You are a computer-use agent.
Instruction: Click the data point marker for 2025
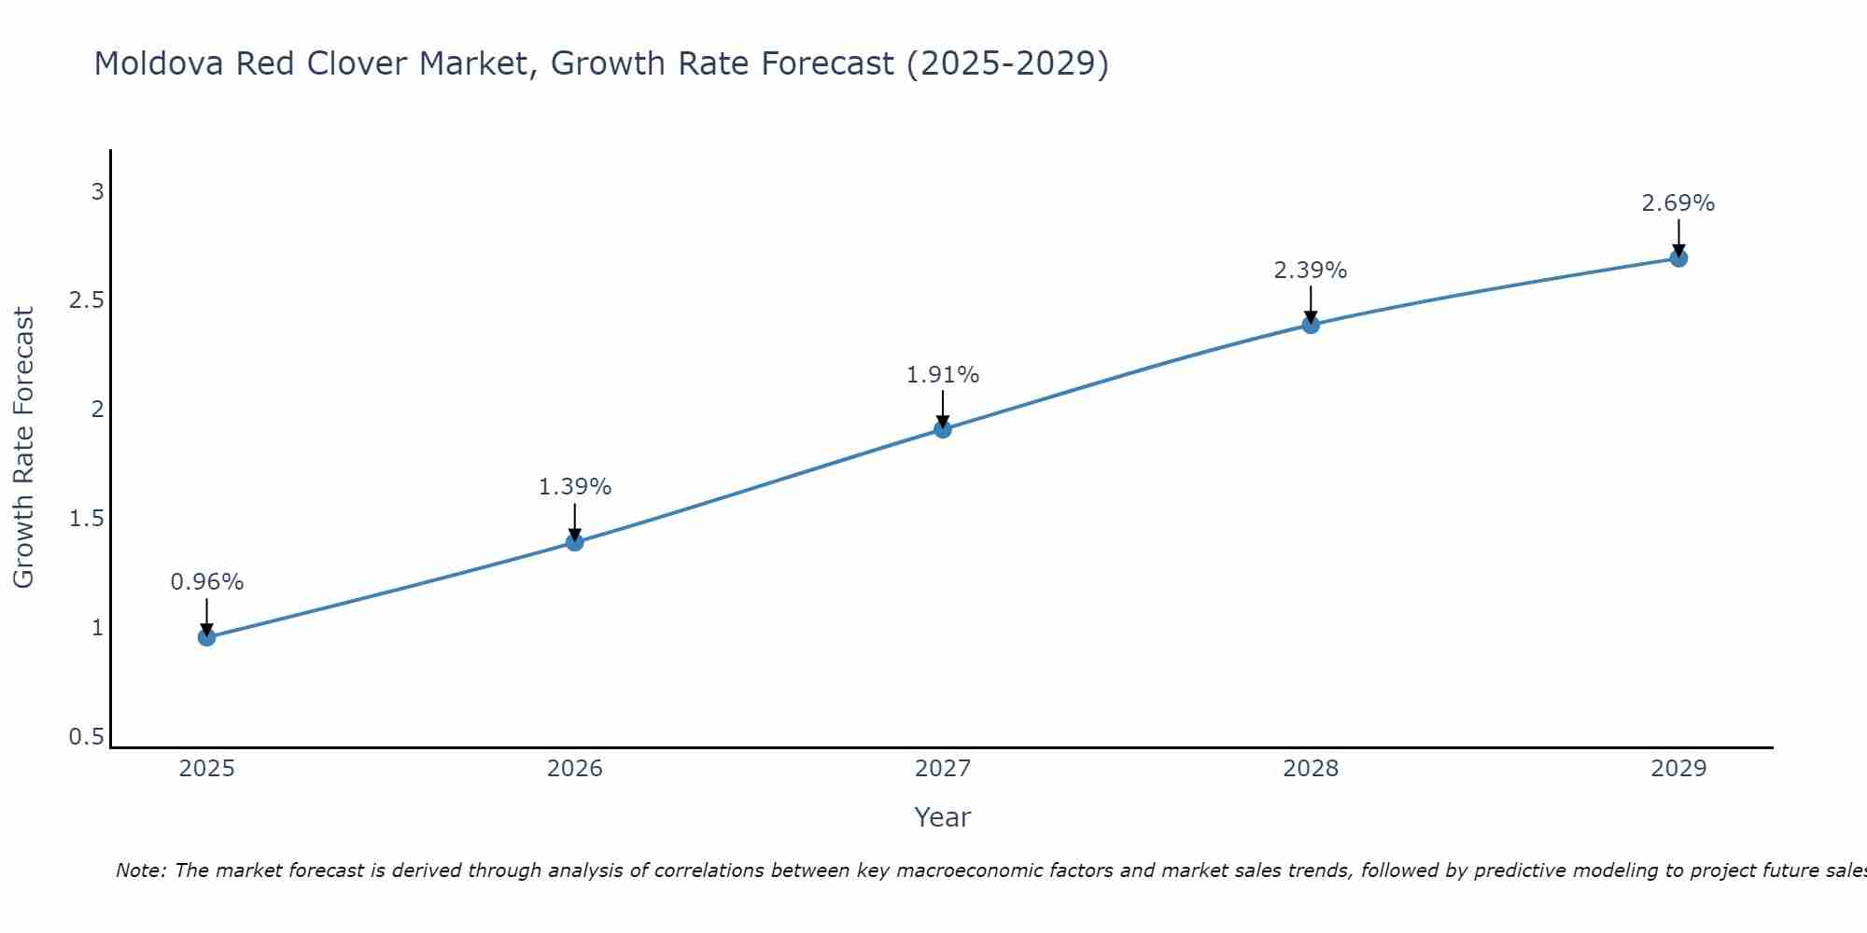206,637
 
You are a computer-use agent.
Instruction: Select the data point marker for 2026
575,542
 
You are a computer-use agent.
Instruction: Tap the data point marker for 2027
943,429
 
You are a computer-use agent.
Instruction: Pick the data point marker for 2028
1311,325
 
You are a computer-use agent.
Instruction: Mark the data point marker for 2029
1678,258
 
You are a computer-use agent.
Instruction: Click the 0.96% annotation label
206,582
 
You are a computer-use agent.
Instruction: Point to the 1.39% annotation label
575,487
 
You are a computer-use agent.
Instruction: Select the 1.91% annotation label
943,375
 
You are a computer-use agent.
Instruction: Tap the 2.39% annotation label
1311,271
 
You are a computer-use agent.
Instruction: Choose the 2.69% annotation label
1678,203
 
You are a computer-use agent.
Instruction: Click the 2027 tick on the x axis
943,769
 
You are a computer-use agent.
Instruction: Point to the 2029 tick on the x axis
1678,769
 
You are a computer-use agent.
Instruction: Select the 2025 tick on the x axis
206,769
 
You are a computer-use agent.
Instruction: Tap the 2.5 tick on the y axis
86,300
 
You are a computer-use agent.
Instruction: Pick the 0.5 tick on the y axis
86,737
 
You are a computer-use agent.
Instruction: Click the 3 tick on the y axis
97,192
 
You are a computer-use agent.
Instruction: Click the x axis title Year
943,817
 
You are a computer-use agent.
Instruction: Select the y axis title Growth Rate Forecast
23,448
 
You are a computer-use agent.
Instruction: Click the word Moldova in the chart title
159,63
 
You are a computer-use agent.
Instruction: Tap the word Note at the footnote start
140,870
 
